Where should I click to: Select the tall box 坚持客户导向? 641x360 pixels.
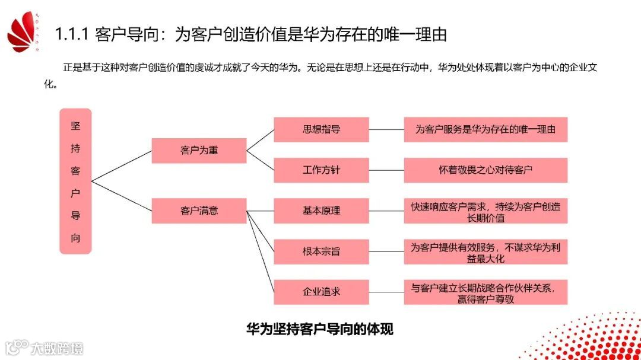(x=75, y=181)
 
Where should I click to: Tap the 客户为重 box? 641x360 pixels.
(x=199, y=151)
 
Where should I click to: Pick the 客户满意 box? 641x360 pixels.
(x=199, y=211)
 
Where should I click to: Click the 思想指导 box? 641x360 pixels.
(x=321, y=129)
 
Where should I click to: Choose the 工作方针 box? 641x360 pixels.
(x=321, y=170)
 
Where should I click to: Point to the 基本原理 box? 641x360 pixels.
(x=321, y=211)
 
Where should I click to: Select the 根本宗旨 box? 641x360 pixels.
(x=321, y=251)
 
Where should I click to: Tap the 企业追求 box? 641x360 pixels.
(x=321, y=292)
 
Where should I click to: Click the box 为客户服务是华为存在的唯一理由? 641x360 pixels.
(x=485, y=129)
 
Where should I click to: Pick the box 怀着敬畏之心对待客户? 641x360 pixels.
(x=485, y=170)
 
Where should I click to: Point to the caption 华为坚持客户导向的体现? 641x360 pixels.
(x=320, y=329)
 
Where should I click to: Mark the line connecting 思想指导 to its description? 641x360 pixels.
(x=386, y=129)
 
